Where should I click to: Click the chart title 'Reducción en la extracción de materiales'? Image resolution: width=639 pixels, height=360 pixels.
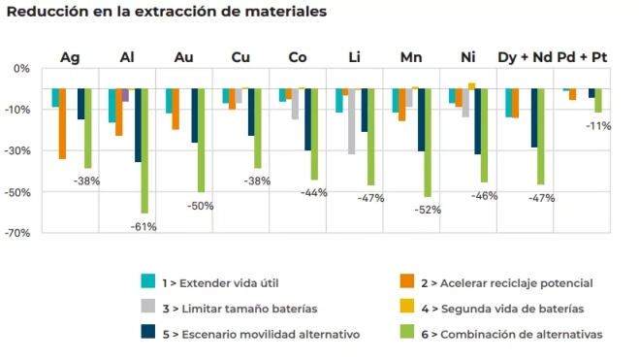click(x=166, y=12)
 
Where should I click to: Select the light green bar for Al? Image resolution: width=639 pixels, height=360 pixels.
click(x=144, y=149)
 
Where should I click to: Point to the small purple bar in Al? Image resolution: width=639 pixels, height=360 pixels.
click(x=125, y=95)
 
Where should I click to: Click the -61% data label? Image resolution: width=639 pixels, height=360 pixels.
click(x=144, y=226)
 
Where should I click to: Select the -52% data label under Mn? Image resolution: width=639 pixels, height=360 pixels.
click(x=428, y=210)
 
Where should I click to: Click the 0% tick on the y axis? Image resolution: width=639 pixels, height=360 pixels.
click(x=21, y=69)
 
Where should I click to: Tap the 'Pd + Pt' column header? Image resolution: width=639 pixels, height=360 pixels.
click(x=584, y=57)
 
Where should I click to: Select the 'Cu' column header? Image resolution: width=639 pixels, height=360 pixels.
click(x=240, y=57)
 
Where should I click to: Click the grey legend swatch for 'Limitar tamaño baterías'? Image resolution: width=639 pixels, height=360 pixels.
click(x=148, y=308)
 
